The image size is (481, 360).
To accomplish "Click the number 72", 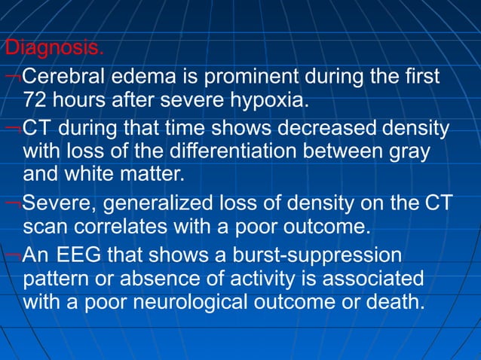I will tap(37, 100).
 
